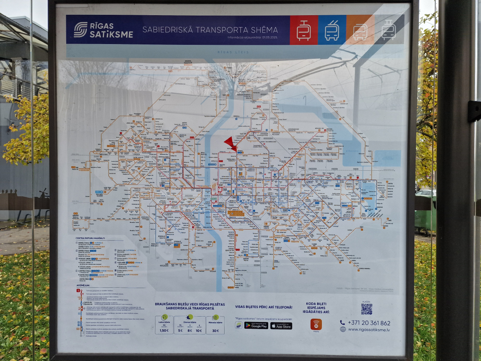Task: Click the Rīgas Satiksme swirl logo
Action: coord(80,30)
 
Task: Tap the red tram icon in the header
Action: coord(303,30)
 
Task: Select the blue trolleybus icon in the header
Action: coord(332,30)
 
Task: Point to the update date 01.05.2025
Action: coord(270,37)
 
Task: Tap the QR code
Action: coord(366,309)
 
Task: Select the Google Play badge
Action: coord(256,325)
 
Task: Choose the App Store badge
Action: coord(281,326)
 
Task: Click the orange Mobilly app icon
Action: coord(316,324)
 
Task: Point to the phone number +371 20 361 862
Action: coord(369,323)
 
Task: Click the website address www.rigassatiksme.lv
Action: coord(369,330)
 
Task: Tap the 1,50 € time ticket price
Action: coord(164,330)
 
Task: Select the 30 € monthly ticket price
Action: coord(215,331)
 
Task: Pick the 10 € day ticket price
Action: coord(199,331)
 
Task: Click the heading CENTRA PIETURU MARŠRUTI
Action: coord(90,238)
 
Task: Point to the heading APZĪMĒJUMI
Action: coord(83,285)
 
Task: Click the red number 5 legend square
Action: coord(78,291)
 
